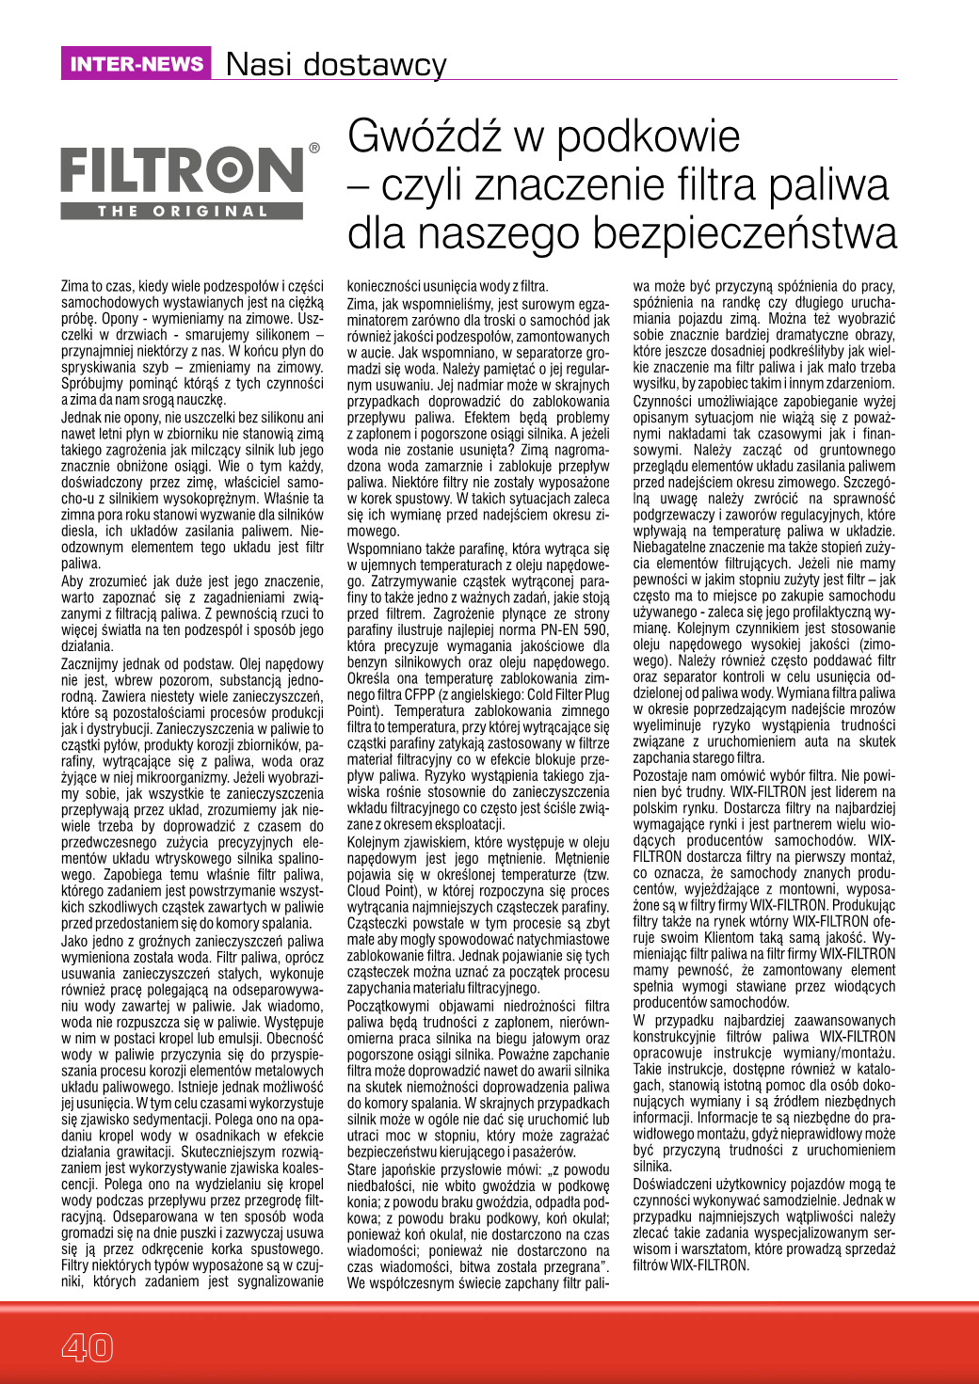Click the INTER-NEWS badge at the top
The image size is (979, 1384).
pos(136,64)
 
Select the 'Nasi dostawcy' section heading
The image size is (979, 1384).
pos(336,65)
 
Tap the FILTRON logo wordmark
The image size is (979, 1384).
pos(183,172)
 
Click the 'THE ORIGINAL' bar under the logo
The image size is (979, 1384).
pos(184,212)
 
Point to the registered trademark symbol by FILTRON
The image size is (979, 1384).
pos(314,148)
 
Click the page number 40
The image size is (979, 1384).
pos(87,1347)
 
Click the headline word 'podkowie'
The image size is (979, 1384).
pos(649,137)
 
